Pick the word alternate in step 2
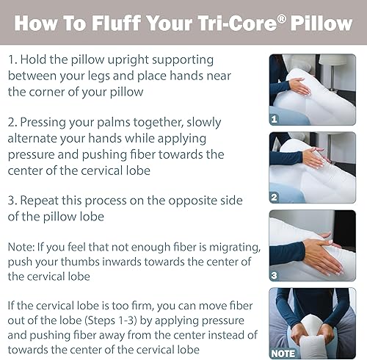pos(41,138)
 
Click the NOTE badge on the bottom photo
pos(283,353)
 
